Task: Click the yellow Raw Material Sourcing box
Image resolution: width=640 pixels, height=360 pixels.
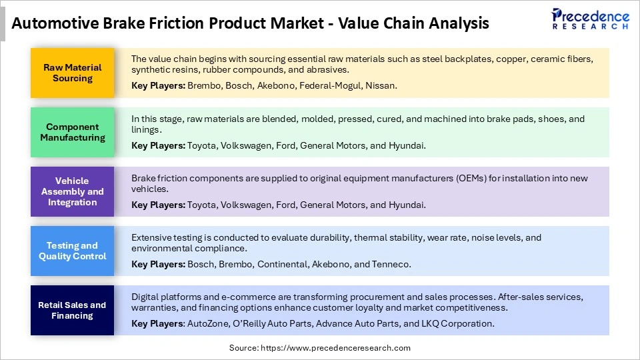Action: point(72,73)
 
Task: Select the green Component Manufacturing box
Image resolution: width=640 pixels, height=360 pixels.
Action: point(72,132)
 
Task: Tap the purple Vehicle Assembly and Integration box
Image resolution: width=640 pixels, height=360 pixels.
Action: point(72,191)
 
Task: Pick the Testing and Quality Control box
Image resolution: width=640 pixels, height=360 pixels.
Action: point(72,251)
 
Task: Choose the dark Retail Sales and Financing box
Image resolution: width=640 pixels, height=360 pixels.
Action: point(72,310)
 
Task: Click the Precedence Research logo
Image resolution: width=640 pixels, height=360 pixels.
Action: point(590,19)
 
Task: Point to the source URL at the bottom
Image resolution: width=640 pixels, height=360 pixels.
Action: point(320,348)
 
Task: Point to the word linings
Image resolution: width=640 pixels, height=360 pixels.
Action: point(147,129)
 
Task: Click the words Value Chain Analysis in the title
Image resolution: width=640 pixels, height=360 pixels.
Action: point(413,24)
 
